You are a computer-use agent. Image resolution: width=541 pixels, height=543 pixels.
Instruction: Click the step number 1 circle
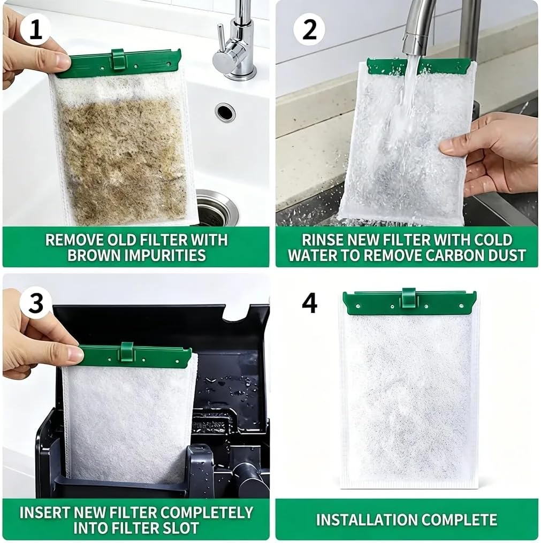click(35, 29)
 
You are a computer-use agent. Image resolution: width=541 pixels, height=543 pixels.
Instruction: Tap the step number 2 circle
click(309, 29)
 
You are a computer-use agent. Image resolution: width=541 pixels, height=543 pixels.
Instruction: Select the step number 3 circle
click(35, 303)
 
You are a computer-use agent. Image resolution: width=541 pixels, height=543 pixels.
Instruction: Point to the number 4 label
click(309, 303)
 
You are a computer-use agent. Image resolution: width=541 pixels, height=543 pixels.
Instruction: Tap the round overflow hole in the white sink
click(225, 112)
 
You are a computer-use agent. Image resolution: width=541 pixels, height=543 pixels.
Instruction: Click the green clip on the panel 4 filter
click(408, 298)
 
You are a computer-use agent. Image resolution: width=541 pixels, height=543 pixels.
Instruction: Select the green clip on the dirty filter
click(118, 59)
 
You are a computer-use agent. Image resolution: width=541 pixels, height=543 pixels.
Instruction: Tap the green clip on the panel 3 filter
click(127, 352)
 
